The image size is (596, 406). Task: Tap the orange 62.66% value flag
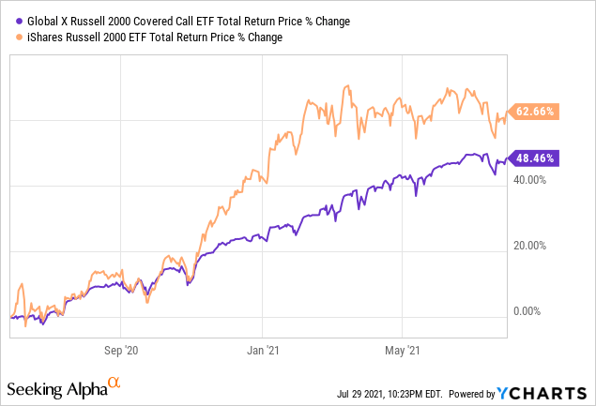click(x=533, y=112)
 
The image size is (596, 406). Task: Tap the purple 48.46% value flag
click(x=533, y=158)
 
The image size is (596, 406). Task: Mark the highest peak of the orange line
click(x=347, y=86)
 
